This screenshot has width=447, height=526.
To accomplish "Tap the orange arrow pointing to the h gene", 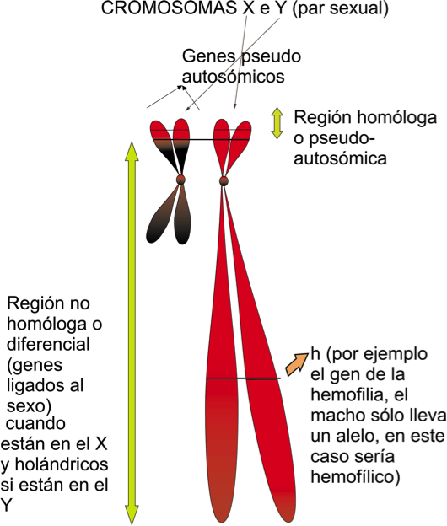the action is point(297,364).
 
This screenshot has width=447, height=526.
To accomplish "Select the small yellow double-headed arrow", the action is point(277,123).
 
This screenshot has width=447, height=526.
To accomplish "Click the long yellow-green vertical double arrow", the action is point(132,333).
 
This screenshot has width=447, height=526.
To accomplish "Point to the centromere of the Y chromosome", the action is point(180,180).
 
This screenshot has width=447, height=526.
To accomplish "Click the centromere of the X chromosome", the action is point(223,180).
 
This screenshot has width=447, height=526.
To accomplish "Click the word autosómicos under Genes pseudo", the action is point(234,77).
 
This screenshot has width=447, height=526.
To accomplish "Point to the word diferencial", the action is point(48,344).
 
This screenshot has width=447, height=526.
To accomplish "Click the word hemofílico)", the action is point(355,477).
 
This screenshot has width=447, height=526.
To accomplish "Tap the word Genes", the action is point(208,56).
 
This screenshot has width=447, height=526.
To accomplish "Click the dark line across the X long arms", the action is point(243,378).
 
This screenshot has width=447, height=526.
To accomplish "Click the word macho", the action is point(335,416).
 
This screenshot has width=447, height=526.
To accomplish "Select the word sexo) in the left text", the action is point(29,406).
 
